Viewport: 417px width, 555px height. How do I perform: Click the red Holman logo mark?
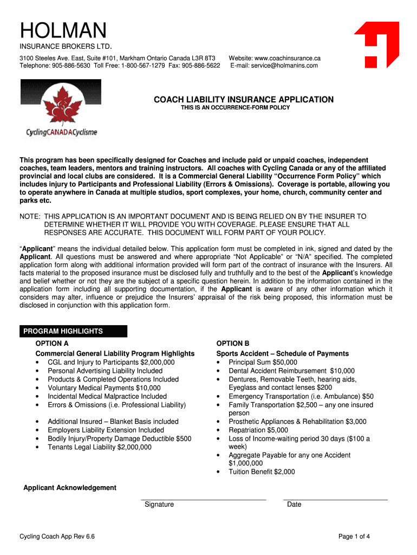[377, 44]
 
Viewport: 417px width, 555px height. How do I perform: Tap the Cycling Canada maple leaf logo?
[61, 108]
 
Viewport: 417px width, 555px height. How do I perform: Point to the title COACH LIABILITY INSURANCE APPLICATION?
[244, 100]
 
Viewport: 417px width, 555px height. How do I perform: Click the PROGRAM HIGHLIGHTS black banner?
[73, 331]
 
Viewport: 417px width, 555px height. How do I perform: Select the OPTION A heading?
[52, 344]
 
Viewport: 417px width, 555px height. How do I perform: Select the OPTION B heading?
[233, 344]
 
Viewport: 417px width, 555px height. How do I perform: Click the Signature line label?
[159, 505]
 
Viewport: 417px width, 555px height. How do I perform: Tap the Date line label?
[294, 505]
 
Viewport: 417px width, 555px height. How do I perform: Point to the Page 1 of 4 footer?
[354, 537]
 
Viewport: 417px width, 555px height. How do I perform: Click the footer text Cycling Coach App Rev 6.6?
[57, 537]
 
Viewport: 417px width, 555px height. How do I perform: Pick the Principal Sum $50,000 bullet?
[263, 362]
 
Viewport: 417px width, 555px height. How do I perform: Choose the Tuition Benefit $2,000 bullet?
[262, 472]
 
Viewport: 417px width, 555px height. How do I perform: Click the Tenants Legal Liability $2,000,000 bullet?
[100, 447]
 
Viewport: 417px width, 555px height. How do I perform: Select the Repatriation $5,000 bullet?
[258, 430]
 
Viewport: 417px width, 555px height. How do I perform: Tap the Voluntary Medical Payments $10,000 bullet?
[104, 388]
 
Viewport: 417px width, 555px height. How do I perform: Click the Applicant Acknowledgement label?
[70, 488]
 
